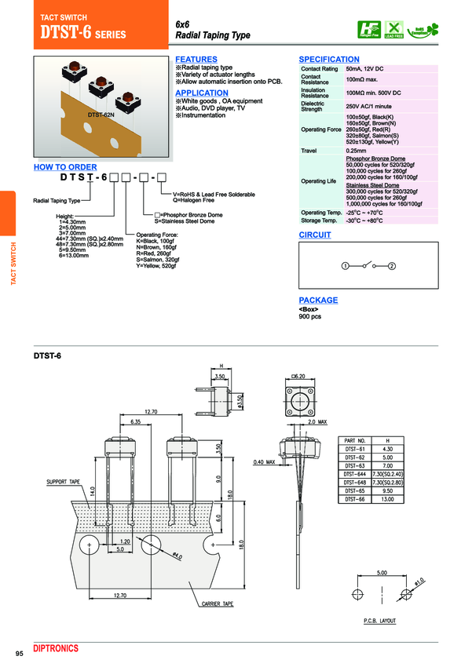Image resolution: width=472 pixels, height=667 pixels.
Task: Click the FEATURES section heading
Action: pos(196,60)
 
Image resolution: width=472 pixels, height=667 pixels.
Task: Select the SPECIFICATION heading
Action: pos(329,60)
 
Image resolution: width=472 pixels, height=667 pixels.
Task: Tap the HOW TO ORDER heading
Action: pos(65,167)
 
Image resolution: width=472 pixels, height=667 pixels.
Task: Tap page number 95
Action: pos(20,654)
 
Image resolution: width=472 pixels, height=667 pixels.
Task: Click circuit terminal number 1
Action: pos(344,266)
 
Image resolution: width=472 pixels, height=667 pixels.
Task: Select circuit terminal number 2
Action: pos(392,266)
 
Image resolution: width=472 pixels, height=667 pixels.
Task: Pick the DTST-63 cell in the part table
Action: pos(354,465)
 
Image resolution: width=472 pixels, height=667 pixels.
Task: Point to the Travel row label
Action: pos(309,150)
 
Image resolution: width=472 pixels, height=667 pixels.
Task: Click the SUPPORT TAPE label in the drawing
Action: pos(64,481)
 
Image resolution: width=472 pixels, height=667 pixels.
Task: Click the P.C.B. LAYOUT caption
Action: pos(379,621)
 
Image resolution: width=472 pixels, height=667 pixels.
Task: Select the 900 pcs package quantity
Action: pos(311,316)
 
